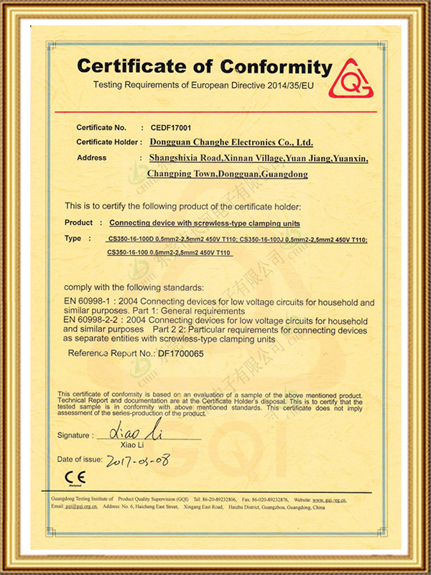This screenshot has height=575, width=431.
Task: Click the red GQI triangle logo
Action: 352,78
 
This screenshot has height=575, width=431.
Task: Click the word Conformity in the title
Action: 276,67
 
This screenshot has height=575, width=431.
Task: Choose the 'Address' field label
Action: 91,157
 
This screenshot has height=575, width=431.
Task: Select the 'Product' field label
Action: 79,223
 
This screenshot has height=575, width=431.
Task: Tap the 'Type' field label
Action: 73,238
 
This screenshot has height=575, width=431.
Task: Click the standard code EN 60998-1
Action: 88,302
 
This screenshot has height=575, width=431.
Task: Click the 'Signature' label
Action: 74,436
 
